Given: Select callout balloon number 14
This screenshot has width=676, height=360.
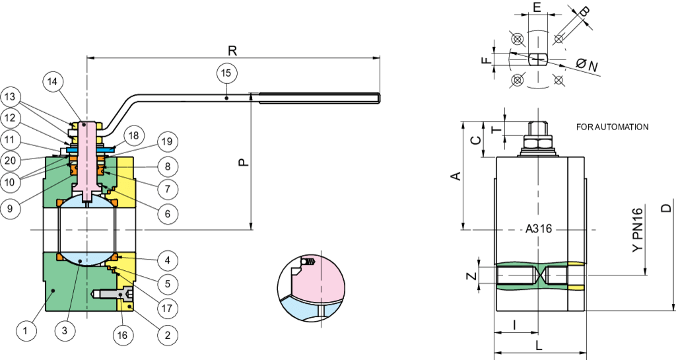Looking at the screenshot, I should (x=53, y=82).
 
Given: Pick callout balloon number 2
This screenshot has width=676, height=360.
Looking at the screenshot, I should (x=167, y=335).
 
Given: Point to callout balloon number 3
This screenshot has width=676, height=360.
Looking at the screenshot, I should (x=64, y=331).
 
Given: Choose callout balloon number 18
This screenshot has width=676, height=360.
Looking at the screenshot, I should (x=133, y=136).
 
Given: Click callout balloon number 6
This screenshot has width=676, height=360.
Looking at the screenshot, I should (x=167, y=213).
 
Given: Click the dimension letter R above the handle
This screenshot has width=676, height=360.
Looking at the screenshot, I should (x=232, y=50).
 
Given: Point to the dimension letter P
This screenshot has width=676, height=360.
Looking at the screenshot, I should (x=243, y=161).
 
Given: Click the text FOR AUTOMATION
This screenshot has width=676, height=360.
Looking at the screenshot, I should (x=612, y=127).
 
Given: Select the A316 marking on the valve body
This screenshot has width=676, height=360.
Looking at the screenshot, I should (x=539, y=229).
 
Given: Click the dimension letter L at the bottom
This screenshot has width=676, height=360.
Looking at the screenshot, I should (x=539, y=345).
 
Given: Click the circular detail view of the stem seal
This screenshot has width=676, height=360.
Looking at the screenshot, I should (x=312, y=289).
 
